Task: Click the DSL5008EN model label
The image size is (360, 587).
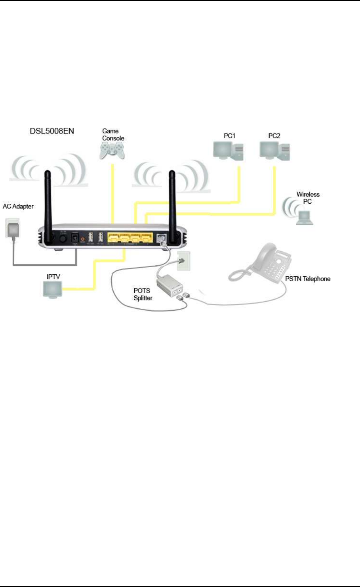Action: pos(52,131)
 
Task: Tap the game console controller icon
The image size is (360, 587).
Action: pos(112,151)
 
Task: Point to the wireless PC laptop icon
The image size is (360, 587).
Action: pos(305,218)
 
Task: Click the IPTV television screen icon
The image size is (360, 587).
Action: pos(53,289)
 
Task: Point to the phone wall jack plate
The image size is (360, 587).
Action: pos(183,261)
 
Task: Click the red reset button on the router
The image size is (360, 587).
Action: pos(83,239)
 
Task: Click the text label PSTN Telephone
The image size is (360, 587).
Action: pos(308,279)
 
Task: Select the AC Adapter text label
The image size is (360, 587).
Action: pos(18,207)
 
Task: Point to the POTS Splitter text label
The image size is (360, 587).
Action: pos(143,294)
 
